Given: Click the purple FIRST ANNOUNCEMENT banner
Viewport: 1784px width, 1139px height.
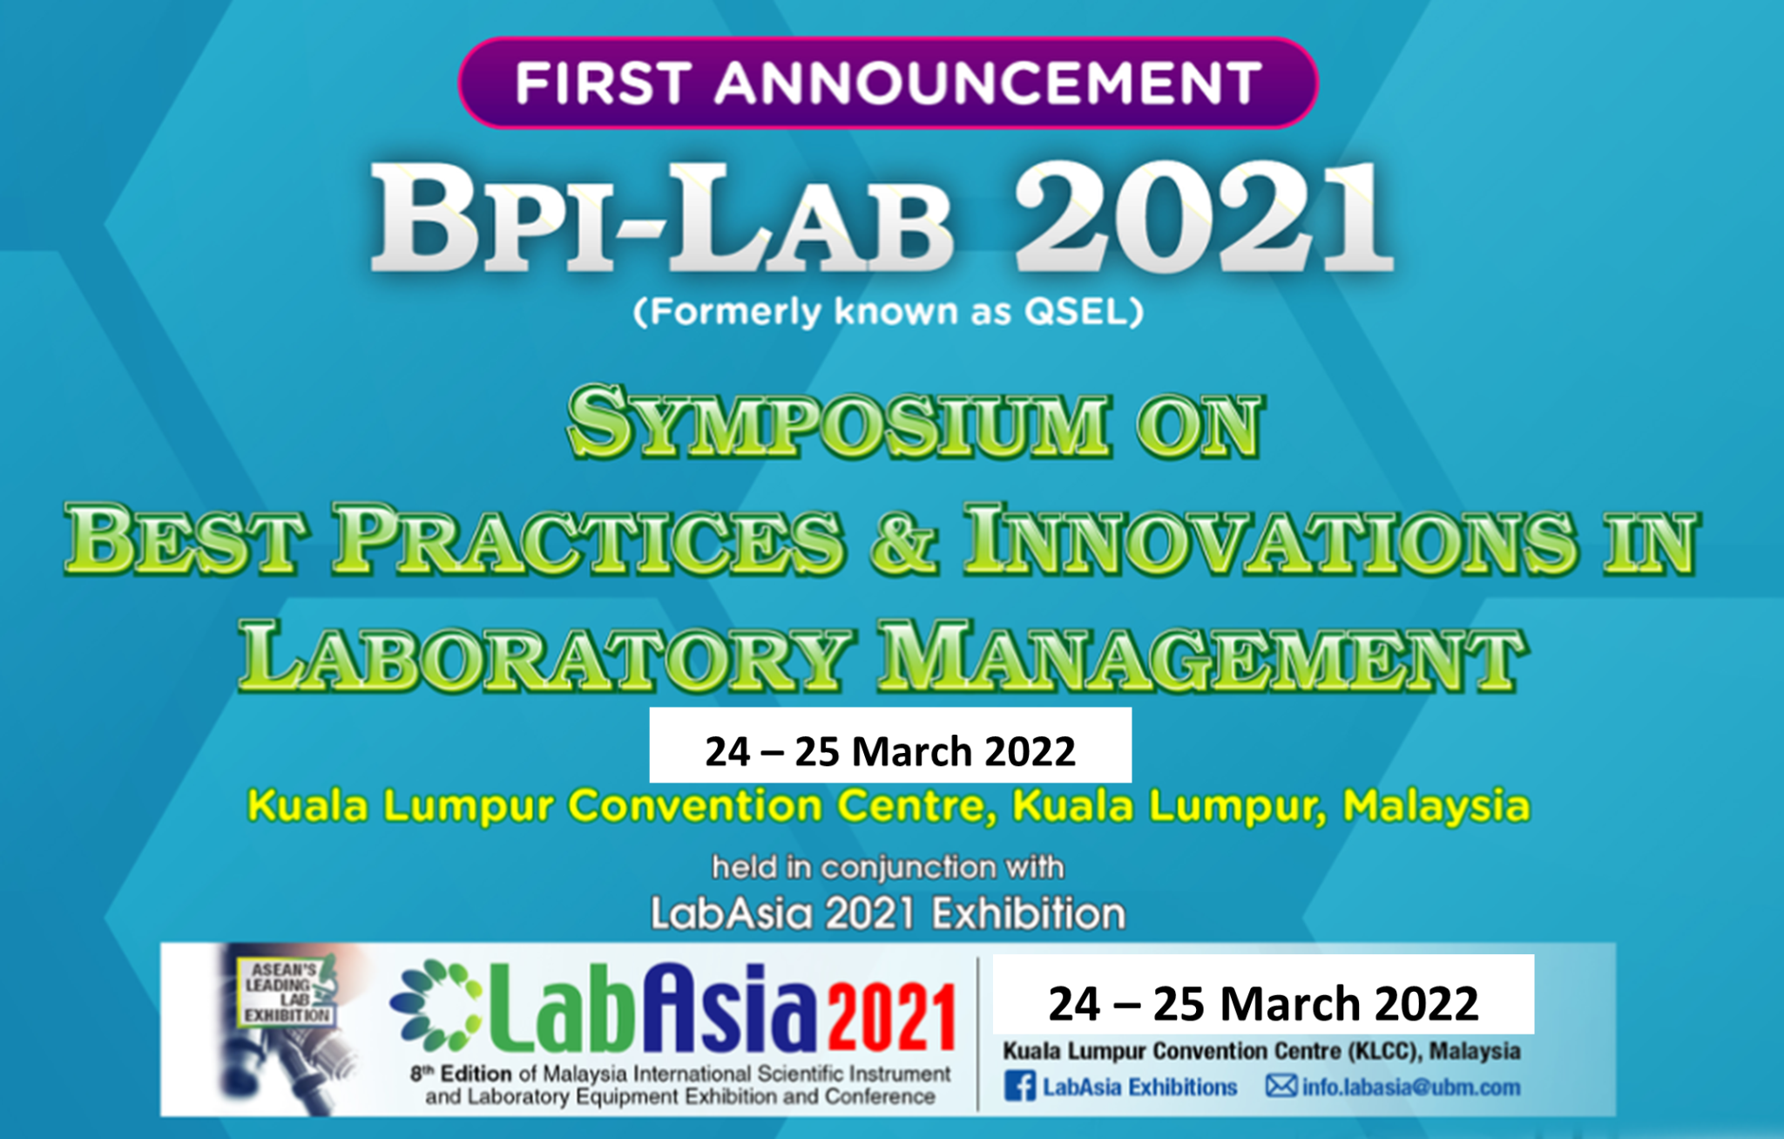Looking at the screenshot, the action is [888, 83].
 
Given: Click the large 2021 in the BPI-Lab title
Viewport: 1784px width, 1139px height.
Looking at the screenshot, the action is [1203, 218].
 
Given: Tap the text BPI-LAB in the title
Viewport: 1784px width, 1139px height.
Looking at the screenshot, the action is [662, 220].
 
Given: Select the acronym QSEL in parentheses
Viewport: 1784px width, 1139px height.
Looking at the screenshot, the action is [1077, 311].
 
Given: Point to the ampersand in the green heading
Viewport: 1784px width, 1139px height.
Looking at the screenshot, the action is [903, 540].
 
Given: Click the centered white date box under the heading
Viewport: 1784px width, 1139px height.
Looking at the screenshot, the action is [890, 745].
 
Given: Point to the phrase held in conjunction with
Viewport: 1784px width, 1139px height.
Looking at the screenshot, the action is [888, 867].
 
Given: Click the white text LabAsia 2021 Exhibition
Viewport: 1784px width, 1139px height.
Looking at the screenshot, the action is [888, 914].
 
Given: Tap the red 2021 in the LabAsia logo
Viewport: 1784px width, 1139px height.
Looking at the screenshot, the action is [891, 1016].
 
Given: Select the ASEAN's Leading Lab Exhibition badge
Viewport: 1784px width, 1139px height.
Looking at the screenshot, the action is [285, 992].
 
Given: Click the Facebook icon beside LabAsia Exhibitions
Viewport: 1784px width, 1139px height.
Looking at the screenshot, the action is [1020, 1087].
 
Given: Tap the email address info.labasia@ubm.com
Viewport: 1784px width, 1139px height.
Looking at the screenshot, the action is [1411, 1088].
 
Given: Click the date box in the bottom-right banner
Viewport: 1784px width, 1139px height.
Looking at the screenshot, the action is [1263, 994].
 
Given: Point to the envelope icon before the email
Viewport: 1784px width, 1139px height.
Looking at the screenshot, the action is [1281, 1086].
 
